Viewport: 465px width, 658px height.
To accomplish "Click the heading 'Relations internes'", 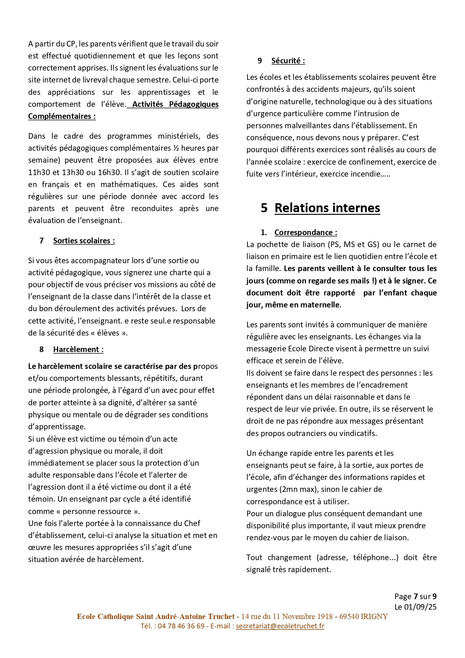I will [327, 208].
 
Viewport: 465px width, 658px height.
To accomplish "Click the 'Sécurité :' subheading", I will [288, 61].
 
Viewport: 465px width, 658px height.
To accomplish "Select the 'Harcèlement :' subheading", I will [78, 349].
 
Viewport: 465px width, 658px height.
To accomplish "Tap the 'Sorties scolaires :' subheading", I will [84, 241].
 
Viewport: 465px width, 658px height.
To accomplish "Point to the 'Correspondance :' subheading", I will [306, 232].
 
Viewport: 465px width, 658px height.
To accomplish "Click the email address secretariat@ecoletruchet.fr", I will [280, 626].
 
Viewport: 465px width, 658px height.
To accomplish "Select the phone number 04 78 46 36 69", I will [181, 626].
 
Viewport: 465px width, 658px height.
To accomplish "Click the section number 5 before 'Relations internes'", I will [264, 208].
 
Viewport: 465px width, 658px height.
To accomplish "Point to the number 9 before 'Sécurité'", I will [259, 61].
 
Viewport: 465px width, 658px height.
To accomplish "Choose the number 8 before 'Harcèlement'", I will [41, 349].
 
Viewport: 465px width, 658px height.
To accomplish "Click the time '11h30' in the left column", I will [39, 172].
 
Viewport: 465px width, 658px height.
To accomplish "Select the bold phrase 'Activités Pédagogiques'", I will [175, 104].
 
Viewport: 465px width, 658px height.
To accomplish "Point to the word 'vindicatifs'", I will [358, 433].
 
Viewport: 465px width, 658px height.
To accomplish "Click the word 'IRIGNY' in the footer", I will [374, 616].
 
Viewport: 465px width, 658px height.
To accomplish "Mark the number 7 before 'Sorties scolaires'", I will [41, 241].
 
